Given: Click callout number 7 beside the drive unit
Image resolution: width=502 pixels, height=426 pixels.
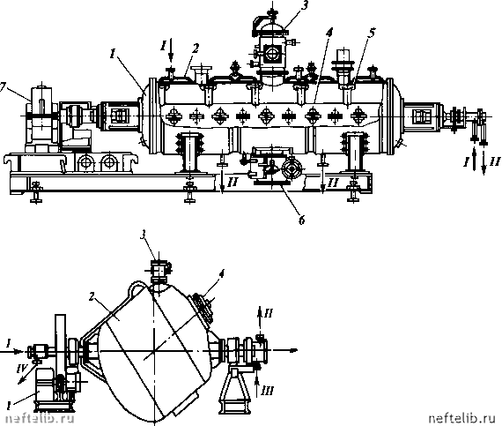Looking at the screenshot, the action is click(x=4, y=87).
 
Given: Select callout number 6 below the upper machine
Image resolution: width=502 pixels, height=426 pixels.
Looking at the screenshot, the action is click(x=302, y=220).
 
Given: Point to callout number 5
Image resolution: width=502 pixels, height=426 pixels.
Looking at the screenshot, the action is click(x=371, y=33).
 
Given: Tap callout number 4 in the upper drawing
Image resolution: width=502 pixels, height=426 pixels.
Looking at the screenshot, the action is click(x=329, y=32).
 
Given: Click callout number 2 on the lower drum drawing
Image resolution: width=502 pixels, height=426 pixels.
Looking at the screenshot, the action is click(x=92, y=297).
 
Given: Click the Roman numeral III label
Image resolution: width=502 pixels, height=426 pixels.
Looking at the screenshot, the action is click(x=268, y=391).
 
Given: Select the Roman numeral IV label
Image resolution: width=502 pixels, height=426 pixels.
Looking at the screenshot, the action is click(x=21, y=369).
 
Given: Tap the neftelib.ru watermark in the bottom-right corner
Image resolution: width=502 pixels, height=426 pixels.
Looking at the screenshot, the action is click(x=464, y=418).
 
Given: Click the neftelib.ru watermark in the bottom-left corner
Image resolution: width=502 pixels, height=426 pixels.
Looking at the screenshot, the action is click(x=40, y=418).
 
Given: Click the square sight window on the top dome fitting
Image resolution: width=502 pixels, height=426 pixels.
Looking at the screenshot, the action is click(x=272, y=52).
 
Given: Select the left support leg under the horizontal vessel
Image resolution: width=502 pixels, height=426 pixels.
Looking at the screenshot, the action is click(x=190, y=153).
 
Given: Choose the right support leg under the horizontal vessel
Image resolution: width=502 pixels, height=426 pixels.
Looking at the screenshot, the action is click(x=355, y=153).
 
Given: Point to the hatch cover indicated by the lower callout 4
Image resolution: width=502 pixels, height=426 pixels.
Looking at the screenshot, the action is click(x=203, y=309).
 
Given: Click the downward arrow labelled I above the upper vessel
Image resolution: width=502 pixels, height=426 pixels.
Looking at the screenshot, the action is click(x=171, y=49).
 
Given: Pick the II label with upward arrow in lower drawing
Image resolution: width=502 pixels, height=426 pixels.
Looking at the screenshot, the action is click(x=268, y=313).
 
